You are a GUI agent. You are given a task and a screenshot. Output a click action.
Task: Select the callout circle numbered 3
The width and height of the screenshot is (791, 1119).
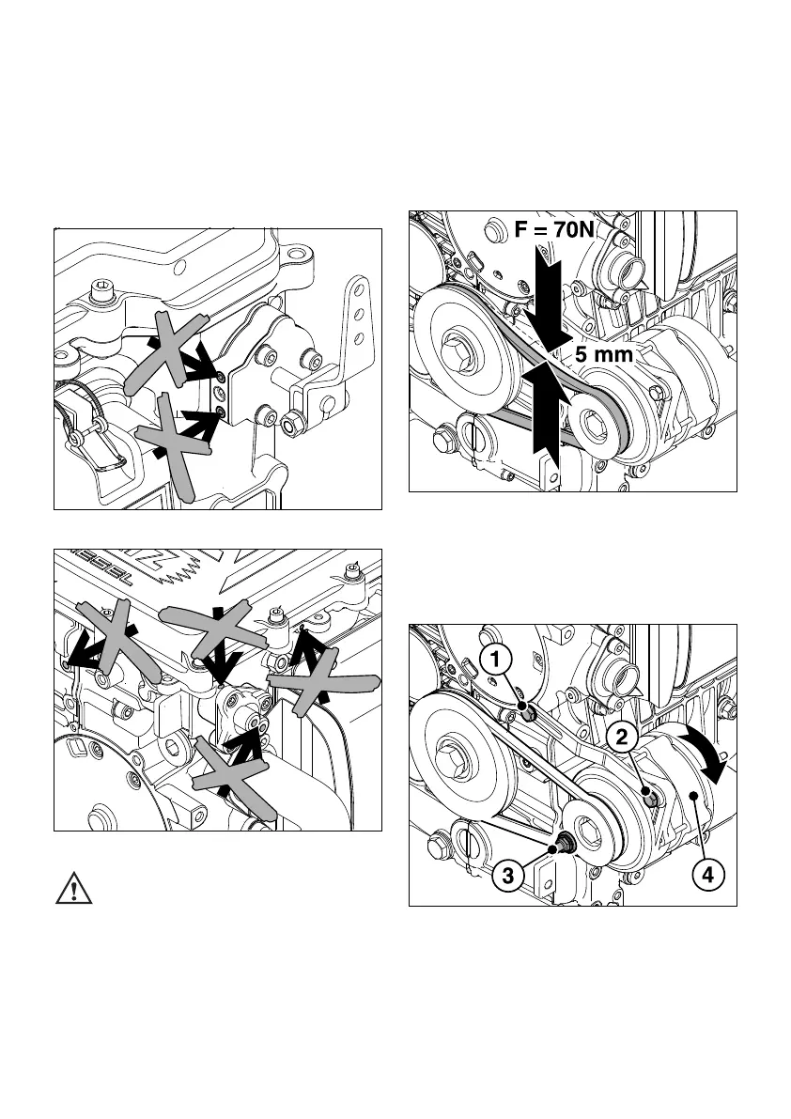pos(507,877)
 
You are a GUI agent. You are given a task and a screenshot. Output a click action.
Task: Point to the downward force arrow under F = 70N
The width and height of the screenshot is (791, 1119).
pos(544,301)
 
